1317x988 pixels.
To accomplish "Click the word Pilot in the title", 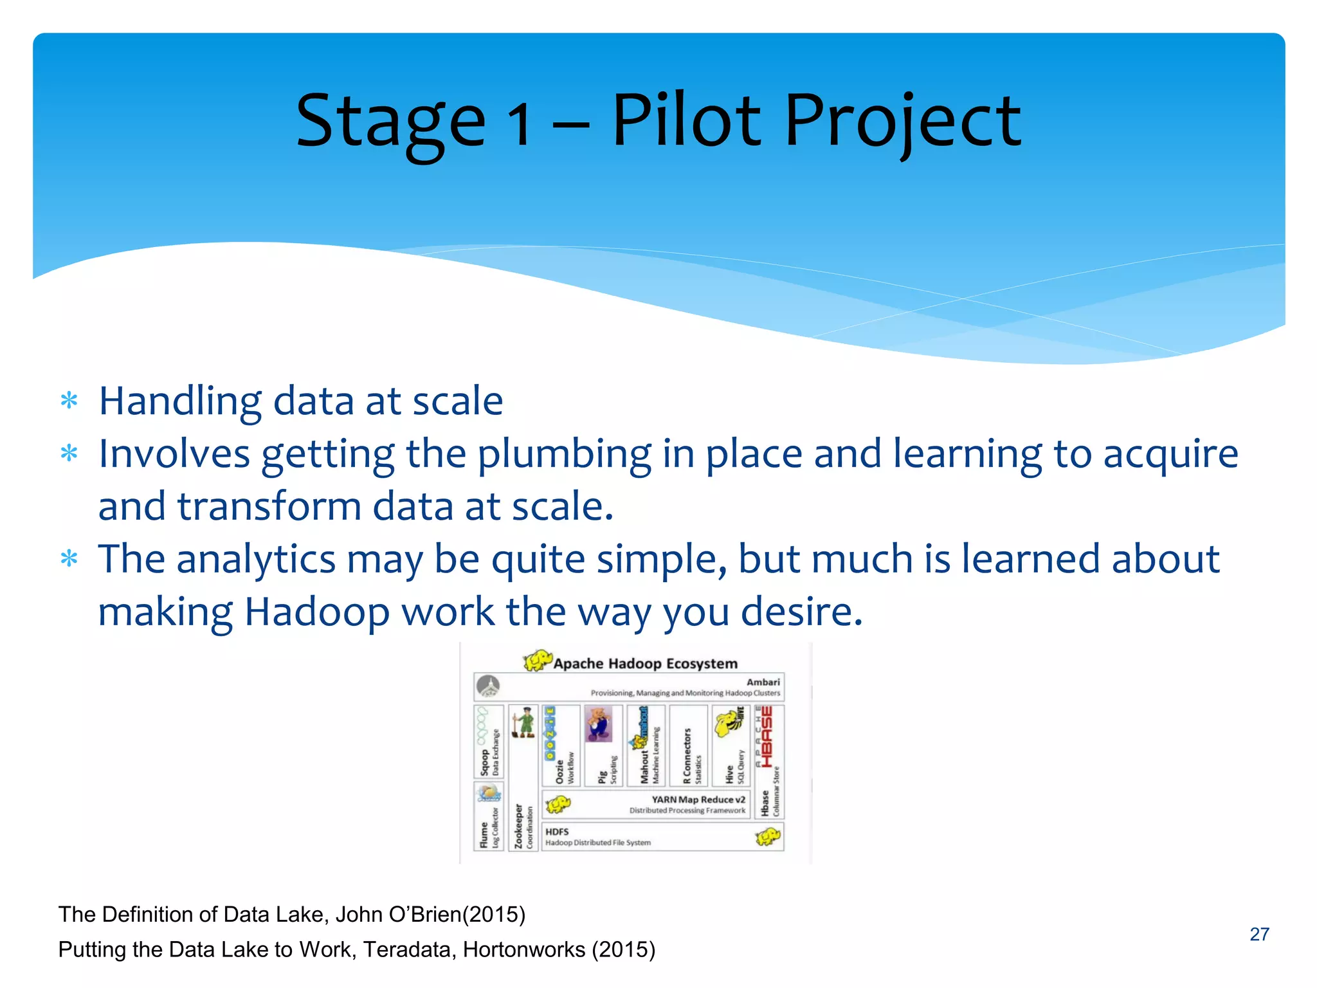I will (x=686, y=120).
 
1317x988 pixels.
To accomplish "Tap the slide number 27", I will (x=1259, y=934).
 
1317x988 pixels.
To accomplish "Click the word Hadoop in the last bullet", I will (x=317, y=612).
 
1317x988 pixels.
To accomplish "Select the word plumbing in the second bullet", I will (x=564, y=455).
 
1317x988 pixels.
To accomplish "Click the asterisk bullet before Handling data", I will (x=69, y=401).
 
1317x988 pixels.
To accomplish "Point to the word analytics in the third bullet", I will (x=255, y=559).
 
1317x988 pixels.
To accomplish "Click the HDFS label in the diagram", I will (x=557, y=832).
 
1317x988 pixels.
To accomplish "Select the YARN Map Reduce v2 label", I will (x=698, y=800).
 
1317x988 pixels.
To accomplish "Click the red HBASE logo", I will (x=767, y=736).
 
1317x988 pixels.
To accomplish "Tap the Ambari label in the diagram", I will (x=763, y=682).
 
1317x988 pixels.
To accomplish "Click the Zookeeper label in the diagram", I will (x=518, y=826).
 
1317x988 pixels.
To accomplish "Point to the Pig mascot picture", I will (x=599, y=724).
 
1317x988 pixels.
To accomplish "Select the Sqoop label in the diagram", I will (x=484, y=763).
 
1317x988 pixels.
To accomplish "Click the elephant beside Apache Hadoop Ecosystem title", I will (x=538, y=661).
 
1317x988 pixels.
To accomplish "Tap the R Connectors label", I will (x=687, y=756).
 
